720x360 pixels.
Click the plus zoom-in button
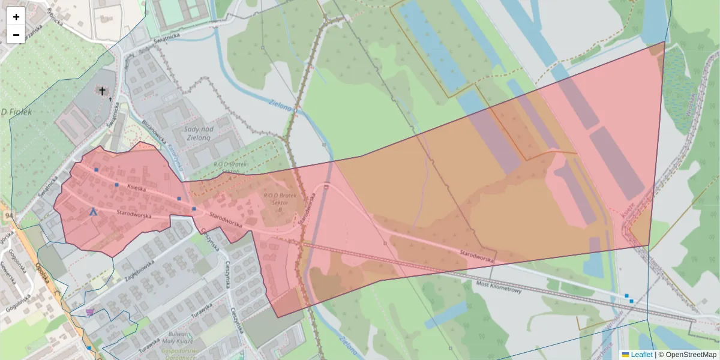16,17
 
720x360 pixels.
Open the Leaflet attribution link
641,355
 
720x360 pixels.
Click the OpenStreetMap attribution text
691,355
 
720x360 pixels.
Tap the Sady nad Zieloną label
200,133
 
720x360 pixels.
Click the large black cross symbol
103,91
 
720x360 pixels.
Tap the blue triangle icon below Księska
93,212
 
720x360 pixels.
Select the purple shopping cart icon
90,311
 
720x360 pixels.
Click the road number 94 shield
8,215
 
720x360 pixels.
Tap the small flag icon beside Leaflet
625,355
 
